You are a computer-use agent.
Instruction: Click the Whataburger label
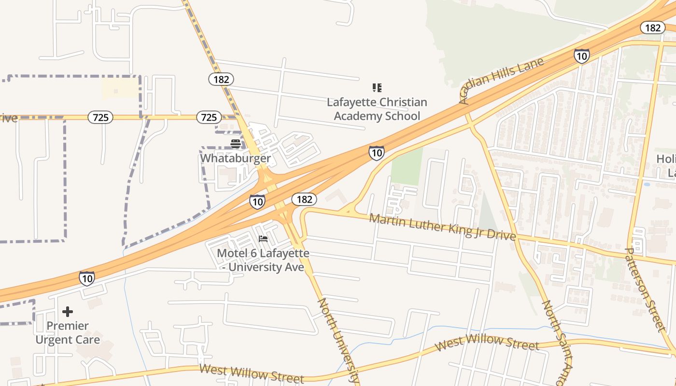235,158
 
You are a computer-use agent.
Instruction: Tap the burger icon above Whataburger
236,143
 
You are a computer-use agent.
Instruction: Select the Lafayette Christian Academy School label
377,109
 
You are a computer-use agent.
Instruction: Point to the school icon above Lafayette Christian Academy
377,88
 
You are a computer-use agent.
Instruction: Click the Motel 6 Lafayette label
263,260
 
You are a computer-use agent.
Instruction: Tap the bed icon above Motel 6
263,239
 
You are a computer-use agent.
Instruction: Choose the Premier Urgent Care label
68,333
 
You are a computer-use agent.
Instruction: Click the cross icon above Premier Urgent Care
68,312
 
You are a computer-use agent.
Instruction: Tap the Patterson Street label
645,289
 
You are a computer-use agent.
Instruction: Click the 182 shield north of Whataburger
221,79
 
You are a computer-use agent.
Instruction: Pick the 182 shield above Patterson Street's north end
652,28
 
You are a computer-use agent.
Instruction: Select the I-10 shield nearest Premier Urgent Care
87,278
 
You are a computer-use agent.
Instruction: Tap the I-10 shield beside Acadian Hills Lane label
581,56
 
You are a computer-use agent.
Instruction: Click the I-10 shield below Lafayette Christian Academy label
377,153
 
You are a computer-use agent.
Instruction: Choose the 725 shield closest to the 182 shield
209,117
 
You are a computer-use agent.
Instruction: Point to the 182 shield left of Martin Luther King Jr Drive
304,199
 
